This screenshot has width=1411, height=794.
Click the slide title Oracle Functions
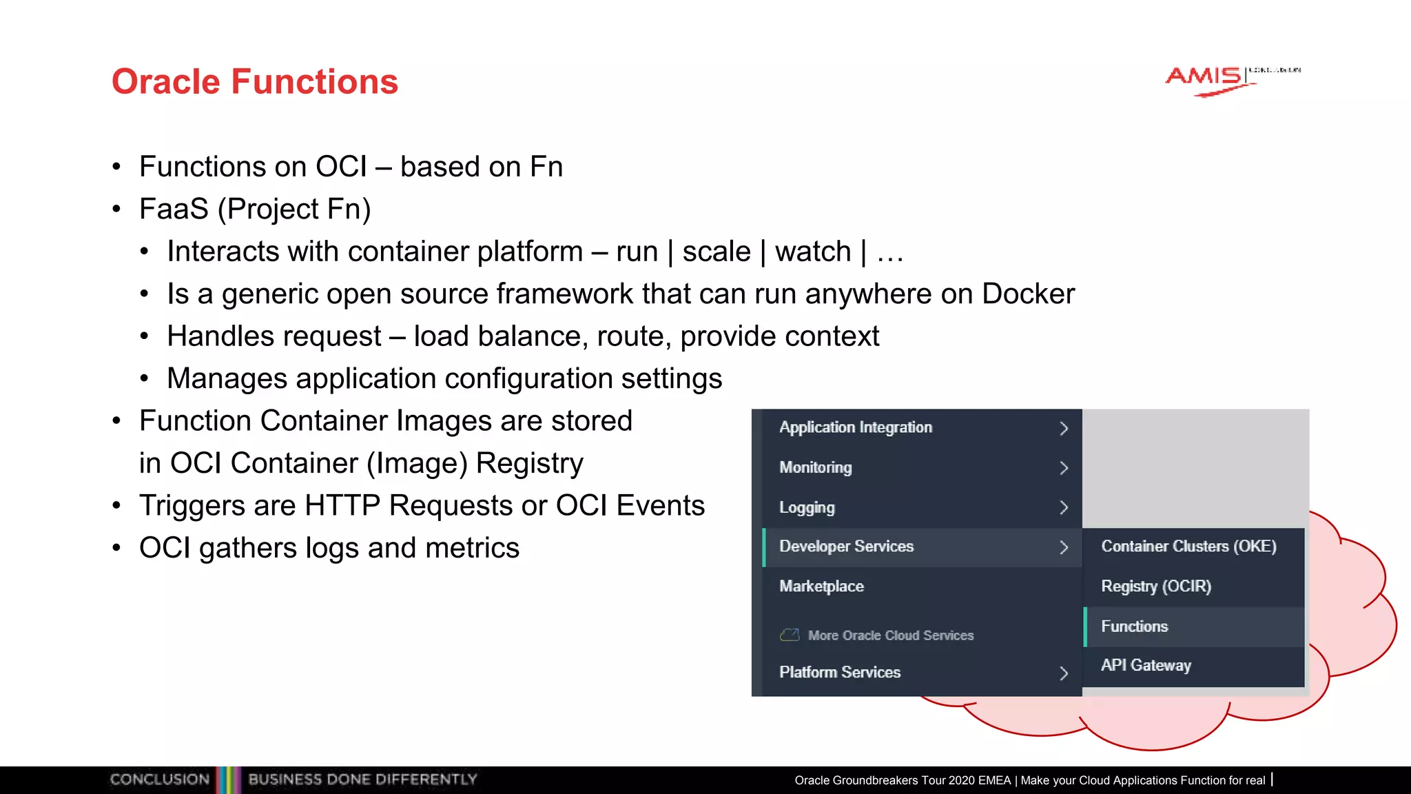pyautogui.click(x=255, y=82)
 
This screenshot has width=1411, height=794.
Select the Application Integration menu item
pyautogui.click(x=856, y=427)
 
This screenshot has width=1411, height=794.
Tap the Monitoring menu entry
pyautogui.click(x=816, y=467)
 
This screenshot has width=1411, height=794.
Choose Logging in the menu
pyautogui.click(x=807, y=508)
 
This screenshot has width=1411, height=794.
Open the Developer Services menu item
pyautogui.click(x=846, y=547)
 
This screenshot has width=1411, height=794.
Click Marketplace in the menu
pyautogui.click(x=821, y=587)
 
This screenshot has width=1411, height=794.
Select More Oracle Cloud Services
pyautogui.click(x=890, y=635)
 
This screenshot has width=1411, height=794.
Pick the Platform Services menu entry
pyautogui.click(x=840, y=672)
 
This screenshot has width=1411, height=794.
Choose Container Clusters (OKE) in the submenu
pyautogui.click(x=1188, y=547)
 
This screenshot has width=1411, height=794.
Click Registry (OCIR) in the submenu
pyautogui.click(x=1156, y=587)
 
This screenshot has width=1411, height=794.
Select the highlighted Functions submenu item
pyautogui.click(x=1135, y=627)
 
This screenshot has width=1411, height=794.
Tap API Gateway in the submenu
pyautogui.click(x=1146, y=666)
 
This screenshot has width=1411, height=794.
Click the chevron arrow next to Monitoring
pyautogui.click(x=1064, y=468)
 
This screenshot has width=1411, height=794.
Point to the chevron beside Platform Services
pyautogui.click(x=1064, y=673)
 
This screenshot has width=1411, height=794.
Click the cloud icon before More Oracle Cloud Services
pyautogui.click(x=790, y=635)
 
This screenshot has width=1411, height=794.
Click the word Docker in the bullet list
pyautogui.click(x=1028, y=294)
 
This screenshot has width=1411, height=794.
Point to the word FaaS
pyautogui.click(x=174, y=210)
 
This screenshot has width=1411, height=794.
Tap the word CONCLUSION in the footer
pyautogui.click(x=160, y=780)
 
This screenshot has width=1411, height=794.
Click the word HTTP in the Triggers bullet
pyautogui.click(x=342, y=506)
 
